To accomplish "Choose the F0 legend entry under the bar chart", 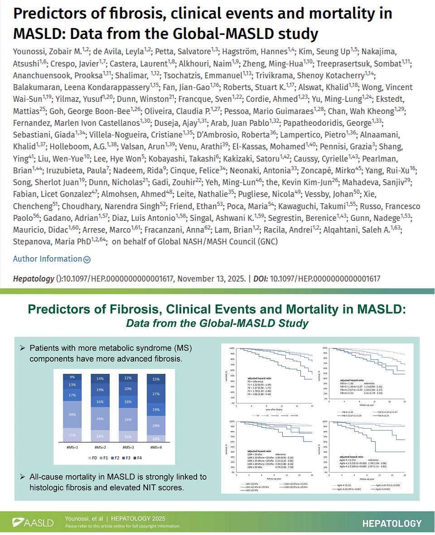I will point(94,458).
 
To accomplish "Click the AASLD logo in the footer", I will point(33,523).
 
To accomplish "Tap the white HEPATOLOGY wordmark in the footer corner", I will point(391,523).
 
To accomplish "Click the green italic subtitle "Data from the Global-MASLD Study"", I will point(217,324).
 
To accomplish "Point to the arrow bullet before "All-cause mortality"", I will point(22,477).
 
